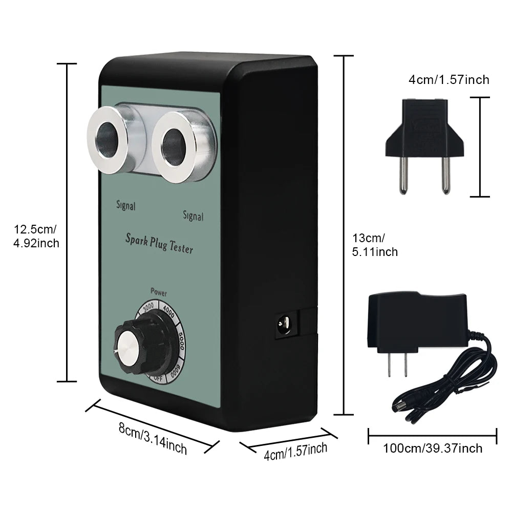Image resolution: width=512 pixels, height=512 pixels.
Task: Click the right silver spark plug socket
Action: (176, 146)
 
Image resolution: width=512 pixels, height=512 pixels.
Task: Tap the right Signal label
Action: (193, 216)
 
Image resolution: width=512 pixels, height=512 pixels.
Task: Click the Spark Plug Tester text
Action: (159, 243)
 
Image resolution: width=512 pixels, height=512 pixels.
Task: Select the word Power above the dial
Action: (158, 293)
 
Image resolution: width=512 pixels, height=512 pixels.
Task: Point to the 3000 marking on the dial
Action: (148, 307)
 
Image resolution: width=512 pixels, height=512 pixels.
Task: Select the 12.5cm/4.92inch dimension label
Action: (36, 236)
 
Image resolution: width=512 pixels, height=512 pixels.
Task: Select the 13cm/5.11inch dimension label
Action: (375, 245)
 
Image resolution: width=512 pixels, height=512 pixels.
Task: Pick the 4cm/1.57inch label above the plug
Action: (449, 80)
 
